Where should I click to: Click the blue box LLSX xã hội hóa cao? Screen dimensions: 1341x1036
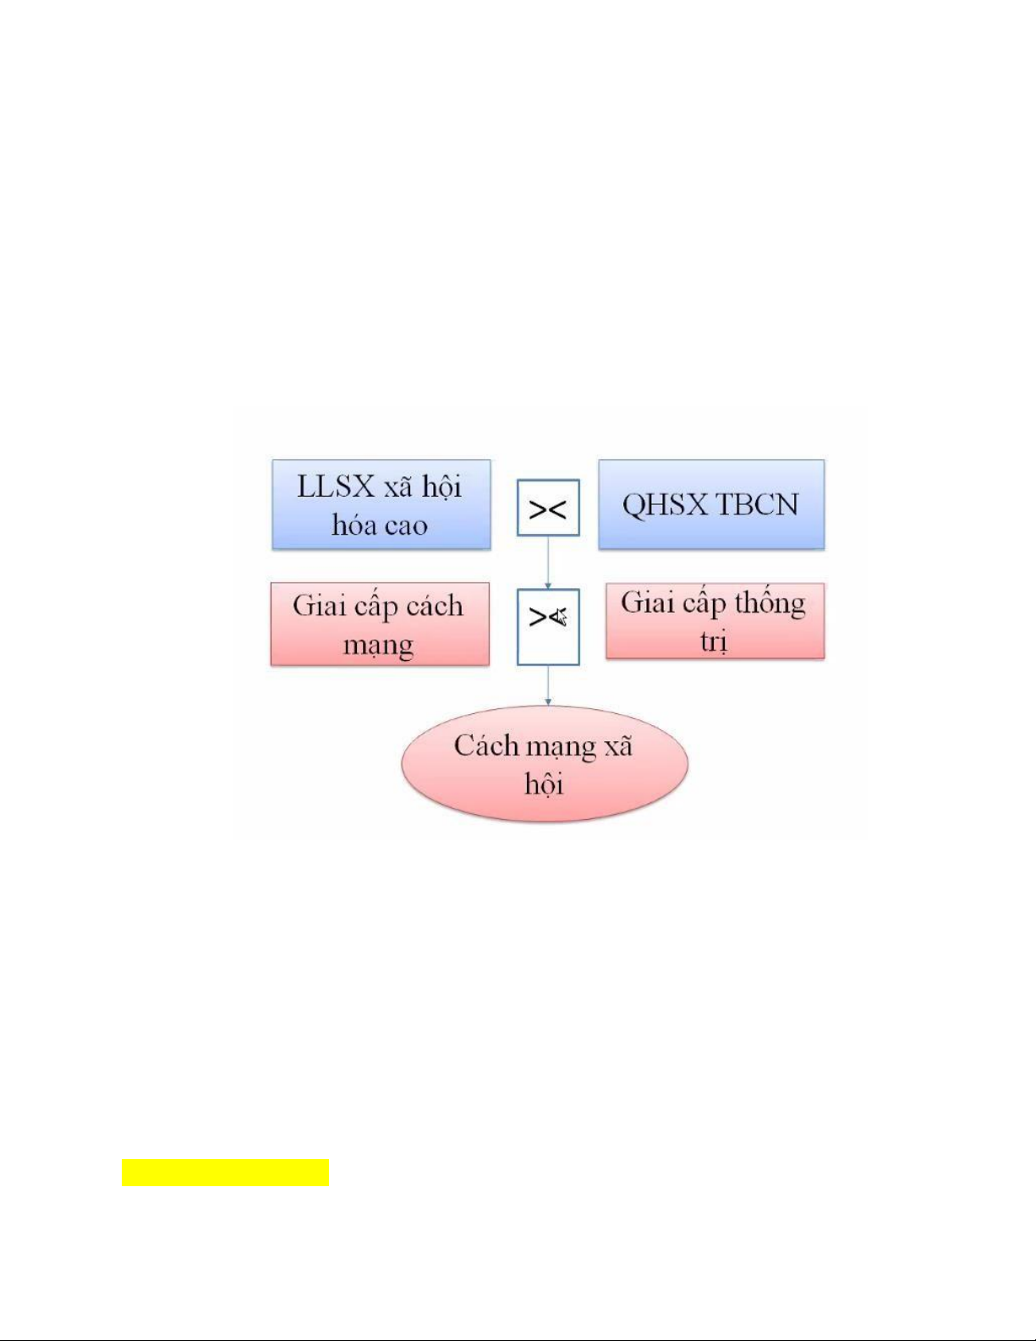pos(381,505)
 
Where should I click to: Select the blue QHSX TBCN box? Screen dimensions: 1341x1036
pos(711,505)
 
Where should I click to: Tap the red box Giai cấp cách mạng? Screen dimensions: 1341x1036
pos(380,624)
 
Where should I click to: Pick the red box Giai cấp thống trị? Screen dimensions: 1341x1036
pos(715,621)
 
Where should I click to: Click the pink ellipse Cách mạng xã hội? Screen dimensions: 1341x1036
pos(544,764)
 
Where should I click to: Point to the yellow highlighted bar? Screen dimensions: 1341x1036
pos(225,1173)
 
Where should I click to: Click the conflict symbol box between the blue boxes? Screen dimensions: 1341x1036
pos(548,508)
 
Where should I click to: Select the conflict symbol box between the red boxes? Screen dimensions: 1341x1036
pos(548,627)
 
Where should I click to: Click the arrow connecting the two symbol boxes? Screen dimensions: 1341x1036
pos(548,563)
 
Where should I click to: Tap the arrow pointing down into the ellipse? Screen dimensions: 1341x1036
pos(548,686)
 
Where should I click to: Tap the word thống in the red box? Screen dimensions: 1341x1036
pos(770,603)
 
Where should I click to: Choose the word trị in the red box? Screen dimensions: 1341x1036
pos(714,641)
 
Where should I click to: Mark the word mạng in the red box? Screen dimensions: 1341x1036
pos(378,646)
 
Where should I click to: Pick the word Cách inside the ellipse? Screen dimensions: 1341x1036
pos(486,745)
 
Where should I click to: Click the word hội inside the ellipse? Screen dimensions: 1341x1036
pos(544,784)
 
